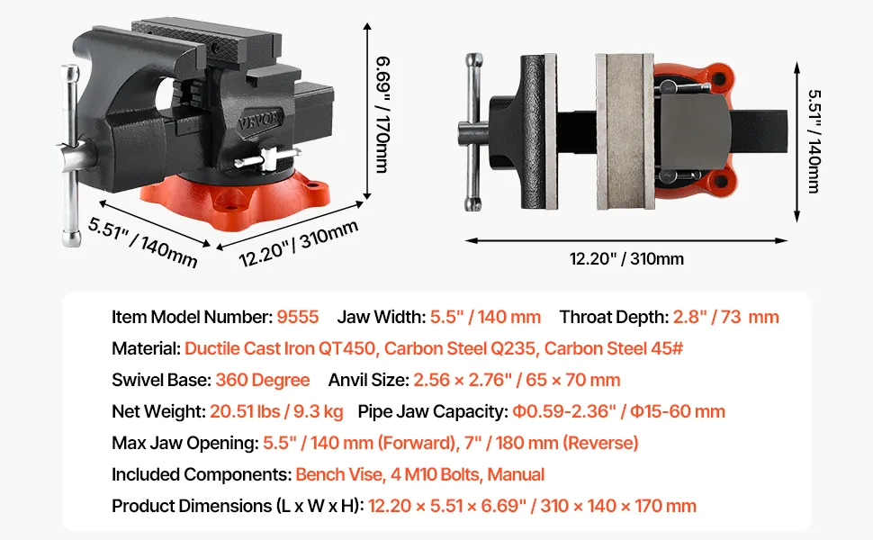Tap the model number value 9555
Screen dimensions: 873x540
click(298, 317)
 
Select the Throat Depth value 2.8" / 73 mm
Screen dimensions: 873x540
click(726, 317)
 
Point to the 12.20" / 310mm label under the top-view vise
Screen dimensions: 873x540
click(626, 259)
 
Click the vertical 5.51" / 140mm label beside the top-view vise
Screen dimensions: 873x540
click(814, 141)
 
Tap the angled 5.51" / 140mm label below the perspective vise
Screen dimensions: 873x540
click(143, 241)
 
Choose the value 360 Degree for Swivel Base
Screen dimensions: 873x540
click(262, 380)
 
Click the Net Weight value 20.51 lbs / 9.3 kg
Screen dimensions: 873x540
click(276, 411)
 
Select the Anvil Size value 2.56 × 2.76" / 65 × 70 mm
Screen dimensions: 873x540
click(517, 380)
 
